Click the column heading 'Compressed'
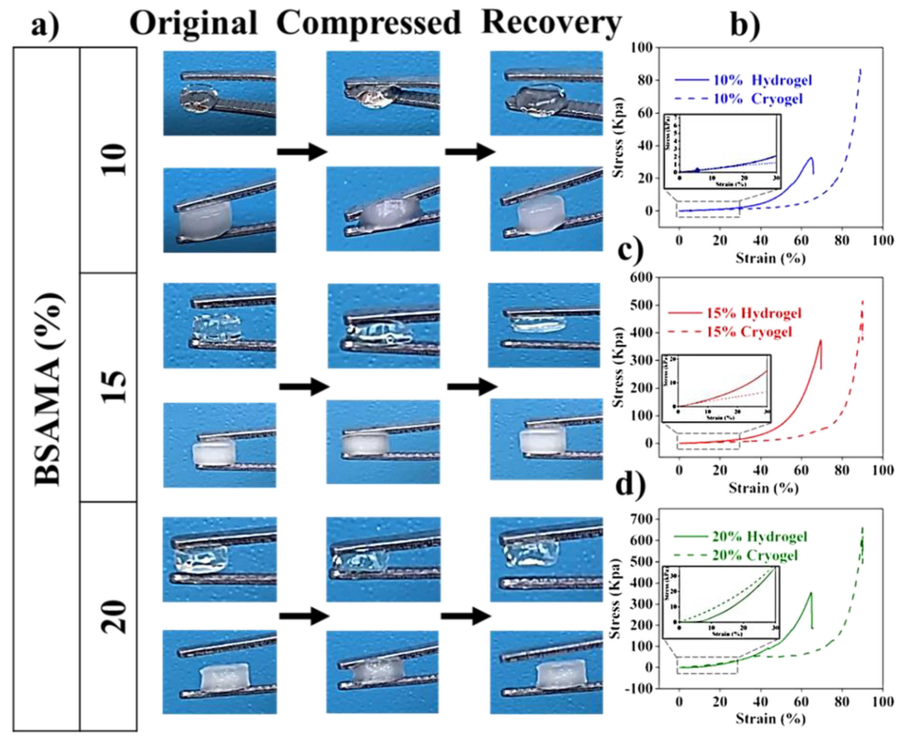tap(368, 23)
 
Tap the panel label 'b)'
tap(744, 26)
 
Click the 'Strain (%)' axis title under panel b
tap(771, 258)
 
